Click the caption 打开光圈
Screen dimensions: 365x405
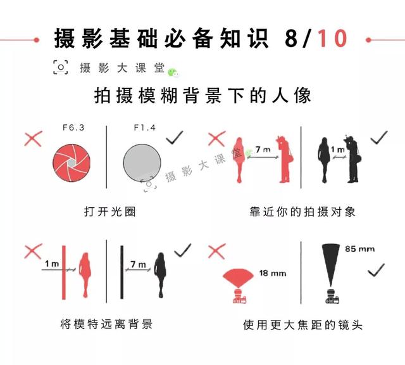(109, 211)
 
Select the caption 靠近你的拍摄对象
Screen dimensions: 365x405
(302, 211)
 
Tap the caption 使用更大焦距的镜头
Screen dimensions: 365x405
(302, 324)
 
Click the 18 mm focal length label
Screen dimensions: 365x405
(273, 274)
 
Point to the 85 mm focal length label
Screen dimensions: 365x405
(359, 249)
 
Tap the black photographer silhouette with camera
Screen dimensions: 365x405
(351, 159)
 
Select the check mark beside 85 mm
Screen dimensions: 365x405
(377, 269)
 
